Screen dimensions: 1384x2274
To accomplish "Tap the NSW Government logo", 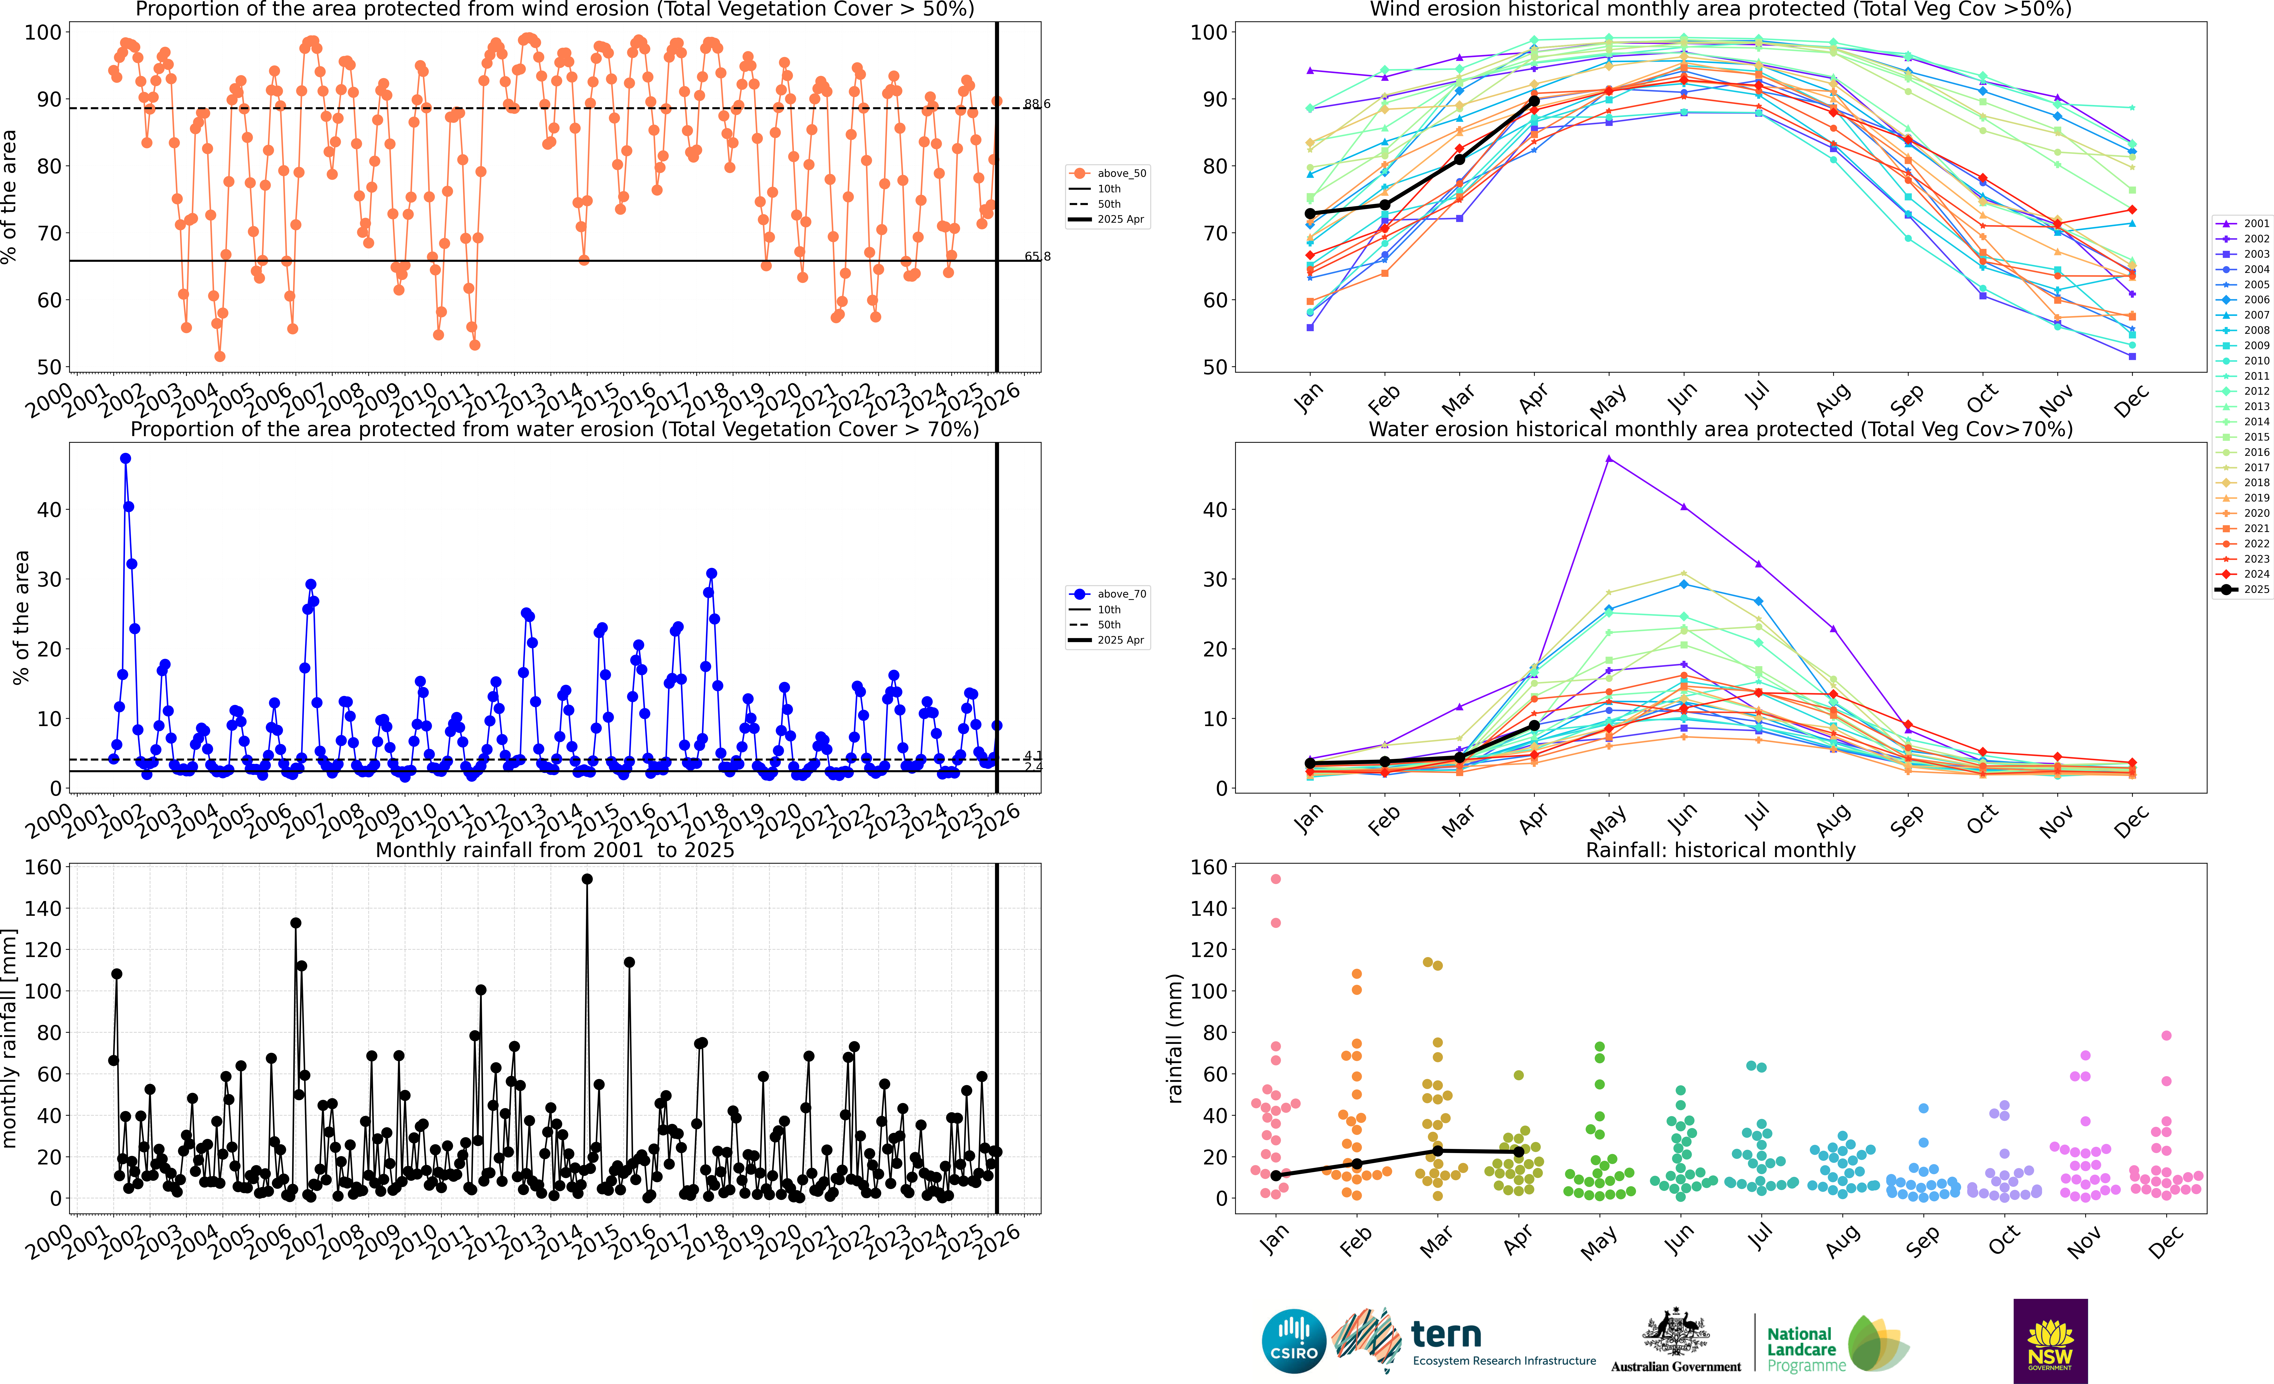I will coord(2050,1341).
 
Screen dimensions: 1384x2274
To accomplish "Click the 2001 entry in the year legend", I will coord(2244,223).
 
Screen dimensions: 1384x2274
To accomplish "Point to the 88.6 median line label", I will coord(1036,104).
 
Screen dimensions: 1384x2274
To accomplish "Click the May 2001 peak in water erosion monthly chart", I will coord(1609,459).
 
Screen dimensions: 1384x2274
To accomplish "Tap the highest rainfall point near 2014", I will coord(587,879).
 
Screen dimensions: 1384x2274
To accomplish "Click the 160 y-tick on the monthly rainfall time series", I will coord(43,867).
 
